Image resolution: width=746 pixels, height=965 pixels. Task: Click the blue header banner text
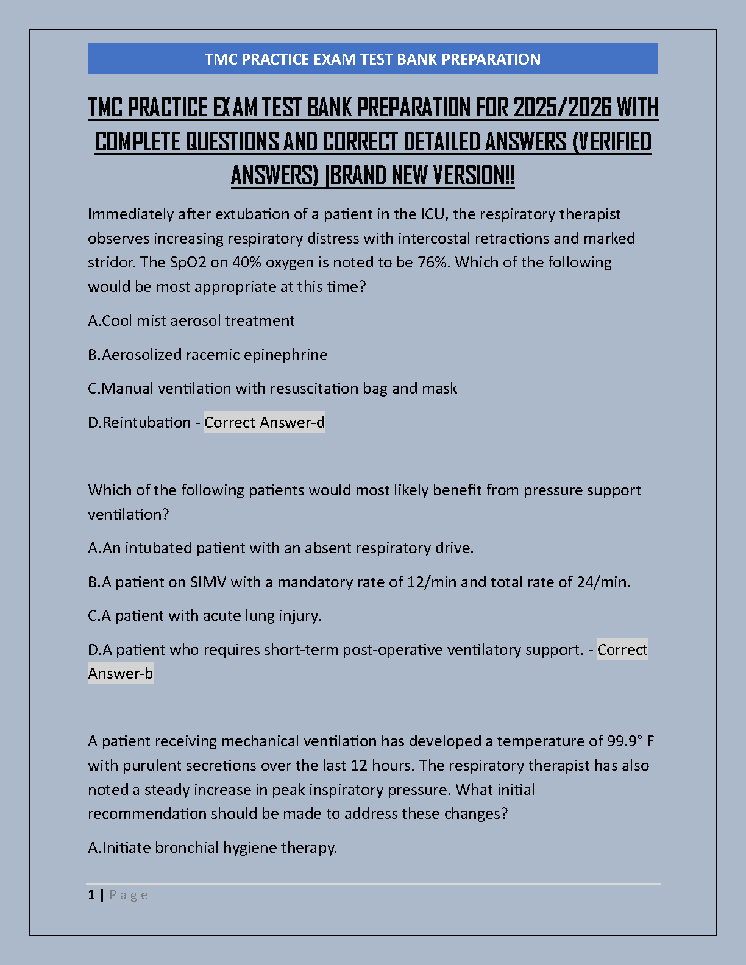[x=372, y=59]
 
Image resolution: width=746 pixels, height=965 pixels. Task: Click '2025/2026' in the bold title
[x=562, y=108]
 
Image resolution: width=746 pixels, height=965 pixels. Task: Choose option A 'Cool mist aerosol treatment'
[x=191, y=321]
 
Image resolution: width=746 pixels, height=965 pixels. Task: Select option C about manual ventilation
[x=272, y=389]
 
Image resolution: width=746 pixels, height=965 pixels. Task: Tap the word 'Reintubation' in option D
[x=147, y=423]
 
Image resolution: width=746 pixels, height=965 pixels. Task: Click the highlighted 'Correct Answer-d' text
[x=265, y=423]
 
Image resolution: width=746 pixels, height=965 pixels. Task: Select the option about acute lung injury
[x=205, y=616]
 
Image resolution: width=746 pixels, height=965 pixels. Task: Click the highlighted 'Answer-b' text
[x=121, y=674]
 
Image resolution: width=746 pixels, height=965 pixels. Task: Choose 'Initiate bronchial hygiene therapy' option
[x=213, y=848]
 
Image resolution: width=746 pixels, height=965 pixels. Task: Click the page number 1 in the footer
[x=91, y=895]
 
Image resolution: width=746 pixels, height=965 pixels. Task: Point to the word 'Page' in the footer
[x=129, y=895]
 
